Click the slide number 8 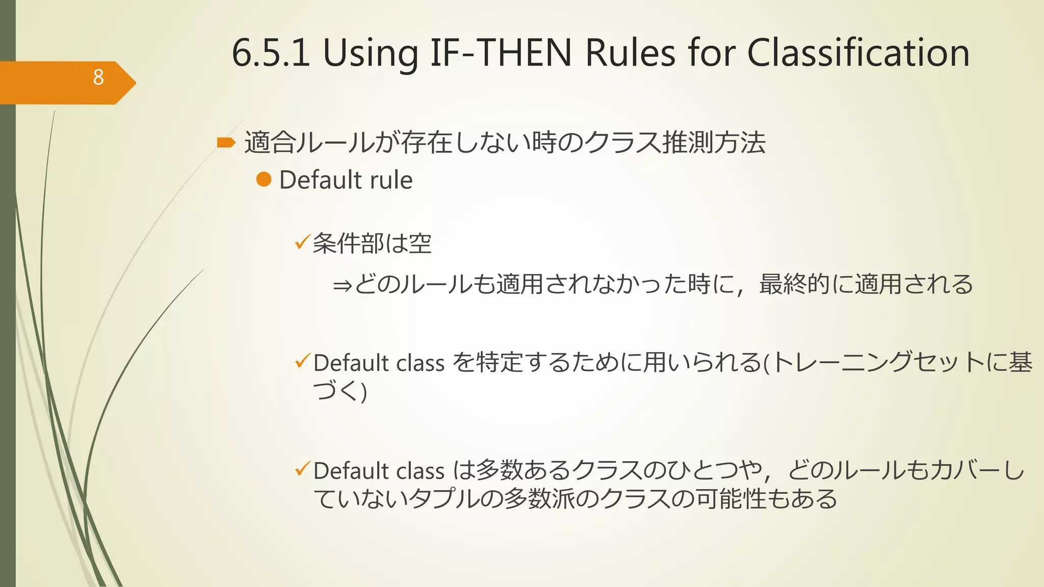98,77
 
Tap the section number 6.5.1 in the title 271,53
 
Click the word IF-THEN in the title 501,53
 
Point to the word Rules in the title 631,53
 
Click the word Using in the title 370,54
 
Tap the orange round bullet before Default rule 264,179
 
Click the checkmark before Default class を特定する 303,362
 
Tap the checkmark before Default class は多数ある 303,469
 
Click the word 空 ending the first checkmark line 420,244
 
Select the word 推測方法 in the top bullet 714,143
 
